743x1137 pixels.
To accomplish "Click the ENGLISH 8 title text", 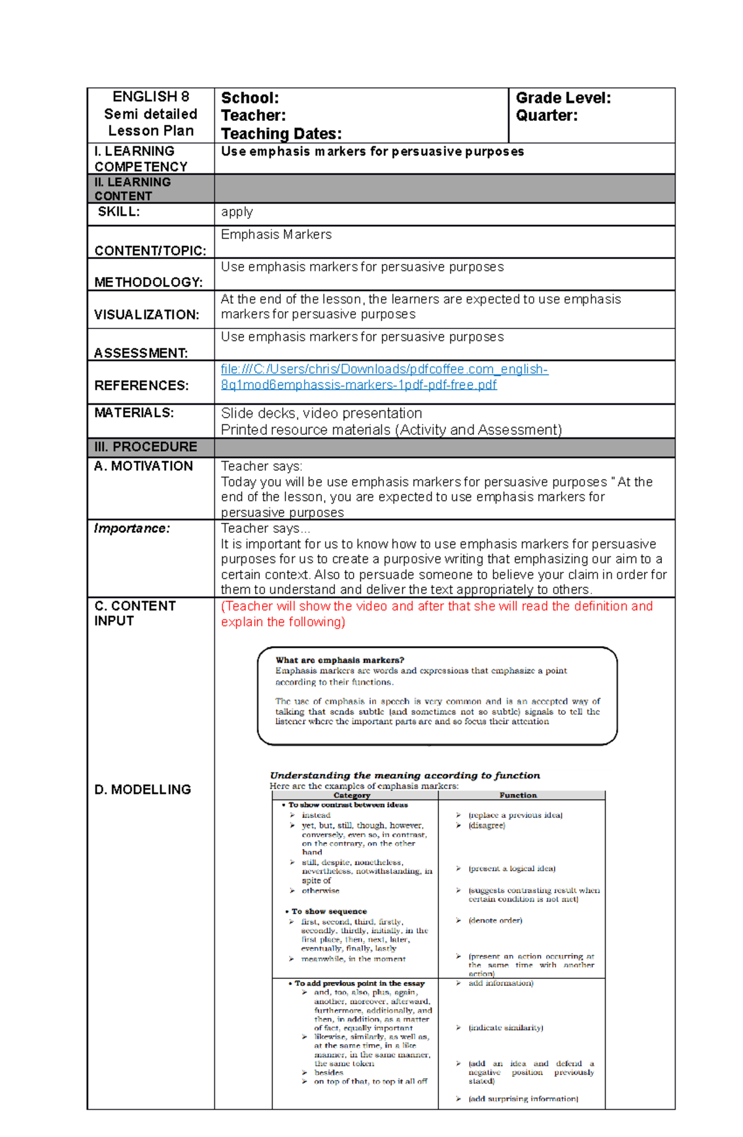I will click(x=150, y=97).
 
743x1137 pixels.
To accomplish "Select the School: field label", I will click(x=250, y=98).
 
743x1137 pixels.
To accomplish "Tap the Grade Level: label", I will click(x=563, y=98).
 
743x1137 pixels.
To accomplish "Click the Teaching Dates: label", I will click(x=281, y=134).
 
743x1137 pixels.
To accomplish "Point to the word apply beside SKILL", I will click(x=237, y=212).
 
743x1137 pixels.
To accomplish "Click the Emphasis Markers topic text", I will click(x=276, y=234).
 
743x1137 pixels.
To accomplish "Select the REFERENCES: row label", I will click(x=141, y=385).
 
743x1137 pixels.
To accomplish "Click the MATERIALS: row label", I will click(x=134, y=413).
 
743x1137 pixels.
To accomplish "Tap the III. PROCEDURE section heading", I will click(x=146, y=447).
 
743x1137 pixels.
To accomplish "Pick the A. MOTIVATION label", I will click(x=144, y=466).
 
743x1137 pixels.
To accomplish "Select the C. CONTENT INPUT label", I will click(x=135, y=613).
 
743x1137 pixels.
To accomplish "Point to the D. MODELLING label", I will click(x=142, y=789).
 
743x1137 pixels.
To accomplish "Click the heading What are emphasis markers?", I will click(x=339, y=660).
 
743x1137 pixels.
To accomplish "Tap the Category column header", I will click(x=352, y=795).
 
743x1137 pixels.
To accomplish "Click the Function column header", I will click(x=518, y=795).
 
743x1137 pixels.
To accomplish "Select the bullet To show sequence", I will click(x=329, y=911).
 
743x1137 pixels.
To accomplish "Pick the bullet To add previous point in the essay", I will click(x=359, y=983).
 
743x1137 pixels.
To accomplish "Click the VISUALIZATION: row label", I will click(x=147, y=315).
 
